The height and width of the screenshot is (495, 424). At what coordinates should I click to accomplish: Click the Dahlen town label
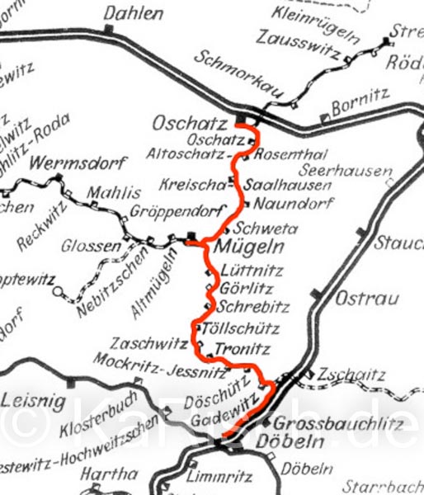(x=134, y=13)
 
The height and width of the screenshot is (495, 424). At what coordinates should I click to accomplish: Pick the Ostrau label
(x=356, y=298)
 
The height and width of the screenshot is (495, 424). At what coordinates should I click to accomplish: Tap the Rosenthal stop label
(x=280, y=154)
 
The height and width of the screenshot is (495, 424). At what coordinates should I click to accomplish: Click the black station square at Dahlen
(x=109, y=29)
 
